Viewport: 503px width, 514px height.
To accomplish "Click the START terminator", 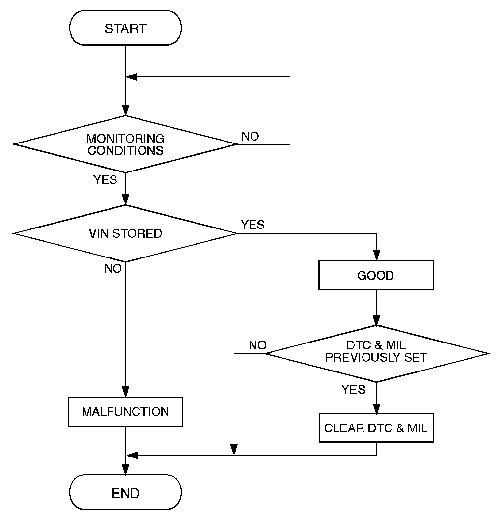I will point(126,28).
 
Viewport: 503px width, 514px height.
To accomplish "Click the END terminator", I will point(126,492).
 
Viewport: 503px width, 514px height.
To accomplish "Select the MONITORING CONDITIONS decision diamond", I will point(126,144).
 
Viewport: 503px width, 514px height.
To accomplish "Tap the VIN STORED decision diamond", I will point(126,233).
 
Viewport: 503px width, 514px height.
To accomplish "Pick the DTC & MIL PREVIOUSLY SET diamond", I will point(377,353).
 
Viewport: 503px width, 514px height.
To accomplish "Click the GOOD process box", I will point(376,275).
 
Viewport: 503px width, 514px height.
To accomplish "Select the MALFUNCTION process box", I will point(126,411).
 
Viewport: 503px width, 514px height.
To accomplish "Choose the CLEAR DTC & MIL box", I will point(376,428).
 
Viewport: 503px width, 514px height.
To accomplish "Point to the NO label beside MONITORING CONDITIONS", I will point(250,136).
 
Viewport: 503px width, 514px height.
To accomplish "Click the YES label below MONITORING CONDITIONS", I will point(105,180).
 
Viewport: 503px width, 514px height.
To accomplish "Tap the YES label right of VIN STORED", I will point(252,225).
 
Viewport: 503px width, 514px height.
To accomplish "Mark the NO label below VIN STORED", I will point(112,269).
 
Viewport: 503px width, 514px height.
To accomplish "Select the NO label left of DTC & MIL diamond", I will point(257,345).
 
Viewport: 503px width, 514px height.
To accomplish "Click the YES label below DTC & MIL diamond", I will point(354,389).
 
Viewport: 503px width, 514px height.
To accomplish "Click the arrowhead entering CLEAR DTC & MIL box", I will point(376,410).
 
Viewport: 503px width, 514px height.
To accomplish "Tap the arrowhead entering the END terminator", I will point(126,470).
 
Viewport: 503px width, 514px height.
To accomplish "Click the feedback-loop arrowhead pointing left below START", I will point(131,77).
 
